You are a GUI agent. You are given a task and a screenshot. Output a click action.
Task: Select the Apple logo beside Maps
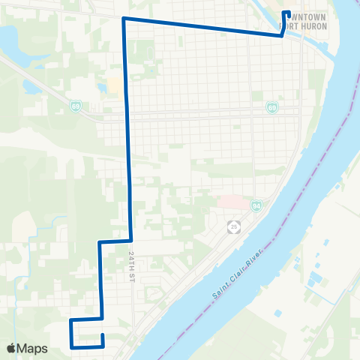coord(11,348)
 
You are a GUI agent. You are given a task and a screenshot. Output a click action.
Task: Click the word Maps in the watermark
coord(33,348)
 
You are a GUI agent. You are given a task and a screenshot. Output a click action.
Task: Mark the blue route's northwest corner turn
coord(124,18)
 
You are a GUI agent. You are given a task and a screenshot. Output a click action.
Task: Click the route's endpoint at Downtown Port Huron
coord(286,12)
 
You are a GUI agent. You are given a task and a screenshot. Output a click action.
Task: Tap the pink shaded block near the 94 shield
coord(229,202)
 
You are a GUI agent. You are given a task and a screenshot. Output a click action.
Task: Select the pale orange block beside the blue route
coord(114,83)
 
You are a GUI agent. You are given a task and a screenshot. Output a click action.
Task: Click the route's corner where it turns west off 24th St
coord(132,241)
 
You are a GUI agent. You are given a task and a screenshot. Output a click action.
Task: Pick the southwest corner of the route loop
coord(71,347)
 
